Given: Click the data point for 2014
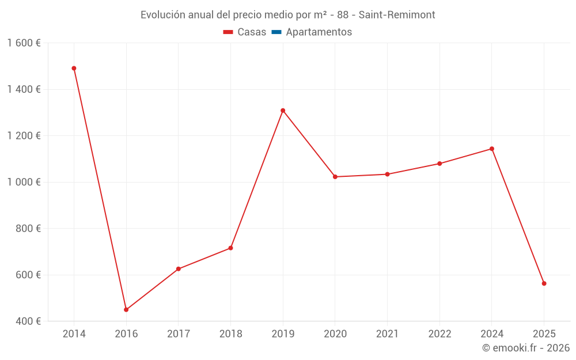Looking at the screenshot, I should (74, 69).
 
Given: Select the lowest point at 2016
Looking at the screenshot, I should (126, 310).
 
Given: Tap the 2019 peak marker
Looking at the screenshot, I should (283, 111).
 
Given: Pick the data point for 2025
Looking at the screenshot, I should (544, 283).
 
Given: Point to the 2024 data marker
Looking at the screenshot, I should (492, 149).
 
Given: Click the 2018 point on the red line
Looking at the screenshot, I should (230, 248).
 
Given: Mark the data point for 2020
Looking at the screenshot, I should (335, 177).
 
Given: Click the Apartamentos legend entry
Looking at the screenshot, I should (319, 32).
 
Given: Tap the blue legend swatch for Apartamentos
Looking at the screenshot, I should (276, 32).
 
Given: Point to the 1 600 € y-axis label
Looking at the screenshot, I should (24, 43).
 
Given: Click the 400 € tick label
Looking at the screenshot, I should (28, 321).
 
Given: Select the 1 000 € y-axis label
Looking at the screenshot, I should (24, 182).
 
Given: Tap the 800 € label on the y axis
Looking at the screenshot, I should (28, 229).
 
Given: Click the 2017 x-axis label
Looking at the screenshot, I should (179, 334).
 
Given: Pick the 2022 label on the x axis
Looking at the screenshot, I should (439, 334).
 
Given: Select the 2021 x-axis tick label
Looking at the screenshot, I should (387, 334).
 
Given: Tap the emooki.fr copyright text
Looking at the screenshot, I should (526, 348).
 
